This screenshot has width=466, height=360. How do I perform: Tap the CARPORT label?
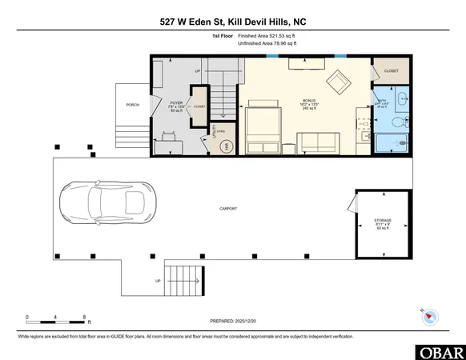229,209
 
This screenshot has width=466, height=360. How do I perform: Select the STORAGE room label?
383,222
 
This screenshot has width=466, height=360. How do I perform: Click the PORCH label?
133,105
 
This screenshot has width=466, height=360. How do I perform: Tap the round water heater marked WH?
227,146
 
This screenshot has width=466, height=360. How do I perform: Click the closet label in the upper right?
392,71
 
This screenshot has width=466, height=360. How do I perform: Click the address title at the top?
232,21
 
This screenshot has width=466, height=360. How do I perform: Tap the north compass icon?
429,315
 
